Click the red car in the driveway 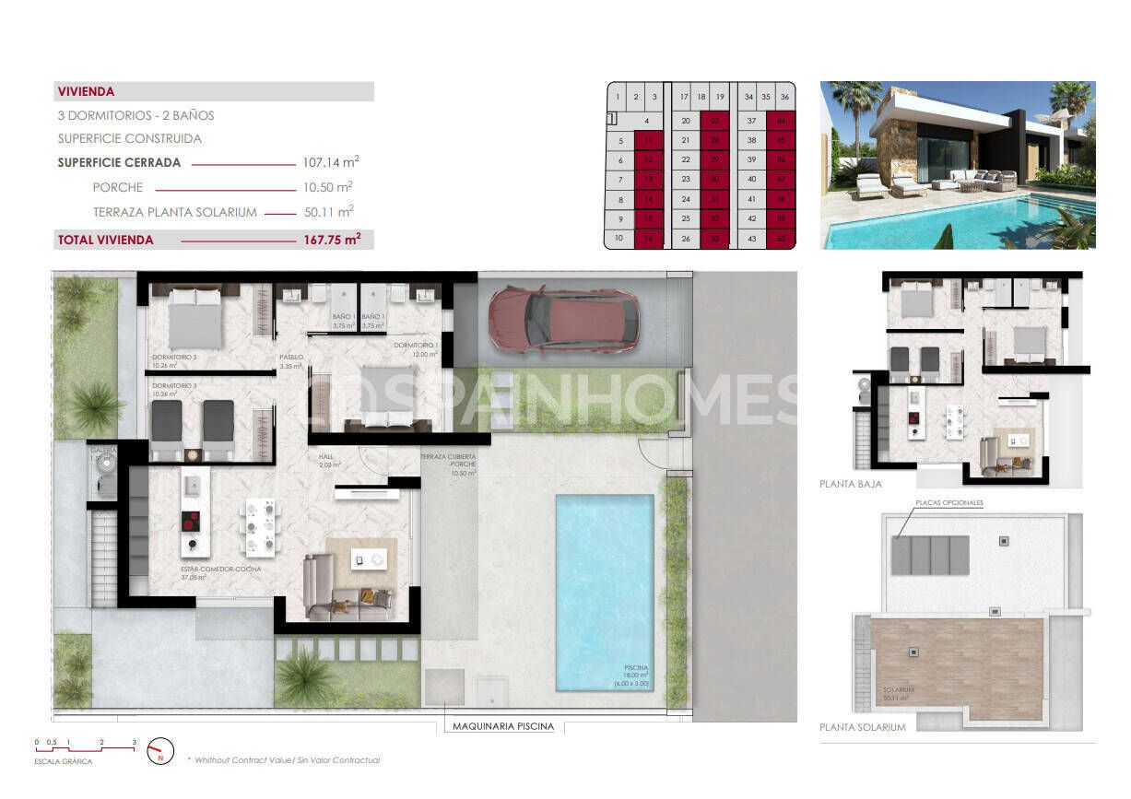point(563,319)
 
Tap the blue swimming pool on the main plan point(604,592)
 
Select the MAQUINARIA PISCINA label point(503,726)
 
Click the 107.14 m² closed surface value point(330,162)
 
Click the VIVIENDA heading point(86,92)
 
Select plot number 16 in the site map point(649,239)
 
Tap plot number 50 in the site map point(782,239)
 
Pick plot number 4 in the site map point(647,121)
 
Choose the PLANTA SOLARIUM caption point(862,727)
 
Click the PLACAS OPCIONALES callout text point(949,503)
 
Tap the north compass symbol point(160,752)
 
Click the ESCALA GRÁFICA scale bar point(86,744)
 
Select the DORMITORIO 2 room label point(175,357)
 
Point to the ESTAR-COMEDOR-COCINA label point(220,570)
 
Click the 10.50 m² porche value point(328,187)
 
